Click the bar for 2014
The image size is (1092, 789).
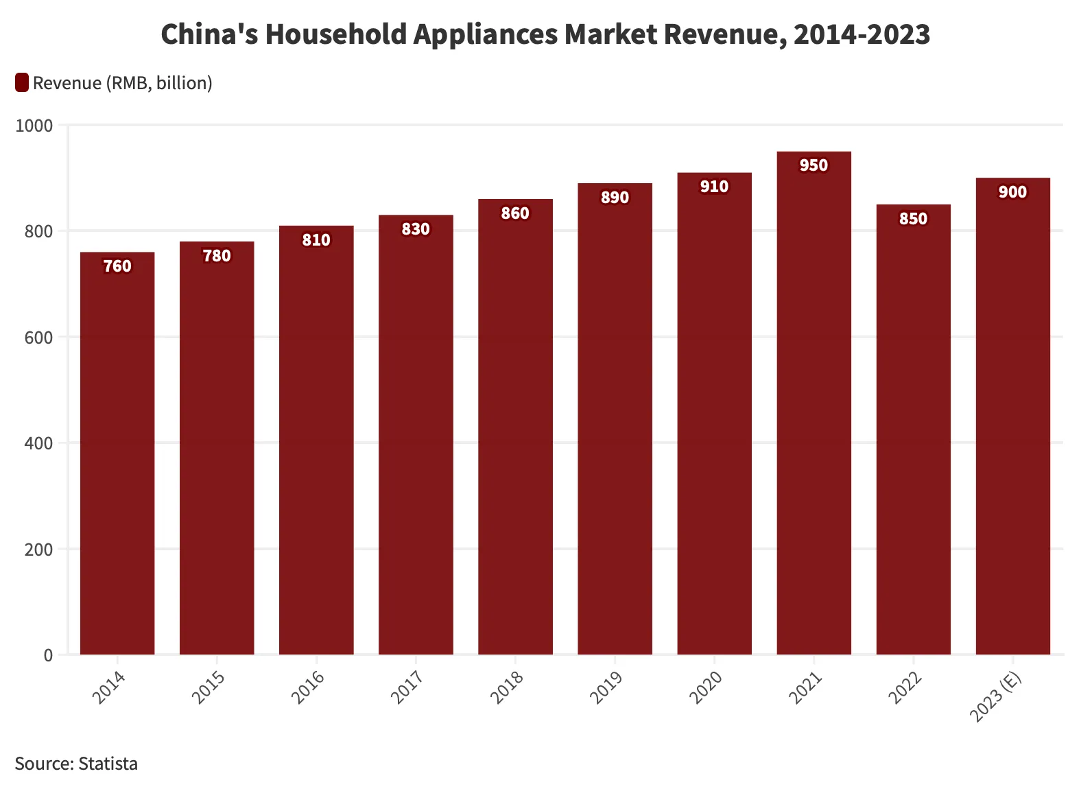click(x=117, y=453)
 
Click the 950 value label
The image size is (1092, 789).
click(x=814, y=165)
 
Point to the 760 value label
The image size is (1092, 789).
click(x=117, y=266)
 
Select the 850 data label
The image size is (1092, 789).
click(x=913, y=219)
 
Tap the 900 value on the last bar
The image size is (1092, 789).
click(x=1012, y=192)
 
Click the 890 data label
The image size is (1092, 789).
click(x=615, y=198)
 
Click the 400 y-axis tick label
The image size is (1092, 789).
click(x=40, y=443)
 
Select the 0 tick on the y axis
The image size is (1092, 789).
click(x=48, y=655)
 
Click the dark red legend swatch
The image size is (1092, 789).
click(x=22, y=83)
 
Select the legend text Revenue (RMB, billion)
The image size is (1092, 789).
click(x=122, y=83)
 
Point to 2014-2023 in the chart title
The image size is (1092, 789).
click(x=862, y=34)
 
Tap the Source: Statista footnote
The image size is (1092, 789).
click(x=76, y=764)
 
